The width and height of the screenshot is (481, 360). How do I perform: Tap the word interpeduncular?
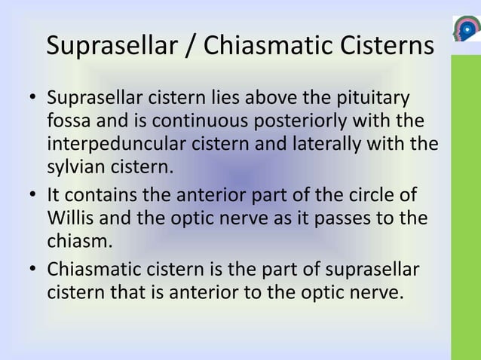coord(110,142)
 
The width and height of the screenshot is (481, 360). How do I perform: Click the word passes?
coord(345,218)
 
